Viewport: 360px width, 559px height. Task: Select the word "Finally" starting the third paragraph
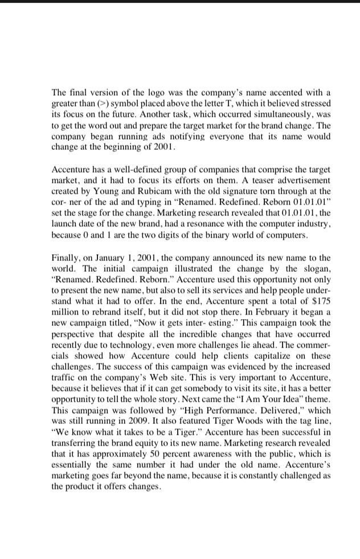(65, 258)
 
